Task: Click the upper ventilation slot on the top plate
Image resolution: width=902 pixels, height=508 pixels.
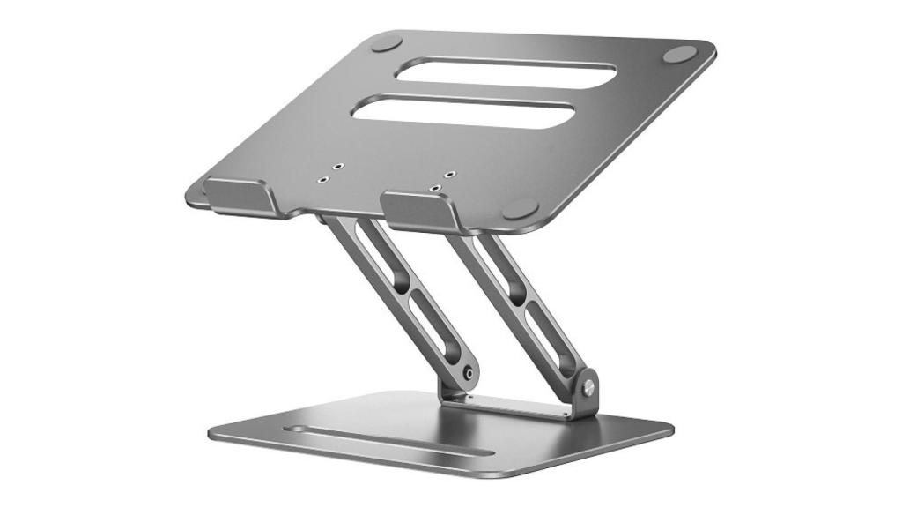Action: [493, 71]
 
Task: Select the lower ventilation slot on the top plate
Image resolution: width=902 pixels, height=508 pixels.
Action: [462, 112]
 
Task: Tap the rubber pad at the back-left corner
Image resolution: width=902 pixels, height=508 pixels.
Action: [387, 43]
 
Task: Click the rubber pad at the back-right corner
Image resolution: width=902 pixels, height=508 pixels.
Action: [680, 54]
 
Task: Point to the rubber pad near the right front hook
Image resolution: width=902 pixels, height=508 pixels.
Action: [520, 209]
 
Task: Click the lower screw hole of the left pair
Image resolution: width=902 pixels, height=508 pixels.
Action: [323, 179]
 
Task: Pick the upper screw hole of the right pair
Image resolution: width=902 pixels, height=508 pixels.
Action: [450, 175]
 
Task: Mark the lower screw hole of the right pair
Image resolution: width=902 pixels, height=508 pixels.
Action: [436, 188]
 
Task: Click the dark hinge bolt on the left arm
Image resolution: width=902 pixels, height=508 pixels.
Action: [468, 374]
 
